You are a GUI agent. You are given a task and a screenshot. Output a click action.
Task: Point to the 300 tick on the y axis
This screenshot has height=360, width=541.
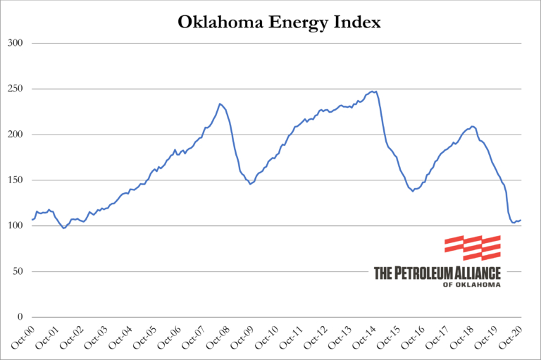(x=15, y=43)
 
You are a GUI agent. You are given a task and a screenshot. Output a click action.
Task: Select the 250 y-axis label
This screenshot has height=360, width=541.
(x=15, y=89)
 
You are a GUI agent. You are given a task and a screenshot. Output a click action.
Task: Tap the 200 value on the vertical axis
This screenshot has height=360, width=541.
(x=15, y=135)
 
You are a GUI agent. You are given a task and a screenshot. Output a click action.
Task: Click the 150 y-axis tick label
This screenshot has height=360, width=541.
(x=15, y=180)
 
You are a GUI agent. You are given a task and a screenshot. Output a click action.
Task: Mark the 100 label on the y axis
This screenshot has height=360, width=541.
(x=15, y=226)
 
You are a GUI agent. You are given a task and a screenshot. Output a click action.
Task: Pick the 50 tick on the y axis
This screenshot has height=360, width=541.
(x=18, y=272)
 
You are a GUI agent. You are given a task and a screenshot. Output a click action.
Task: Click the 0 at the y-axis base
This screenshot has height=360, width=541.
(x=21, y=318)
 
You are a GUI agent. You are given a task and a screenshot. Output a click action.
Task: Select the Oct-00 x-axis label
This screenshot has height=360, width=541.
(x=23, y=338)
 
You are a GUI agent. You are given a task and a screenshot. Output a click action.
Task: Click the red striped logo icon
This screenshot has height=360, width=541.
(x=473, y=247)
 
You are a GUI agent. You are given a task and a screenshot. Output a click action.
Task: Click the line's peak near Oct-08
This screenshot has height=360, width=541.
(x=220, y=104)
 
